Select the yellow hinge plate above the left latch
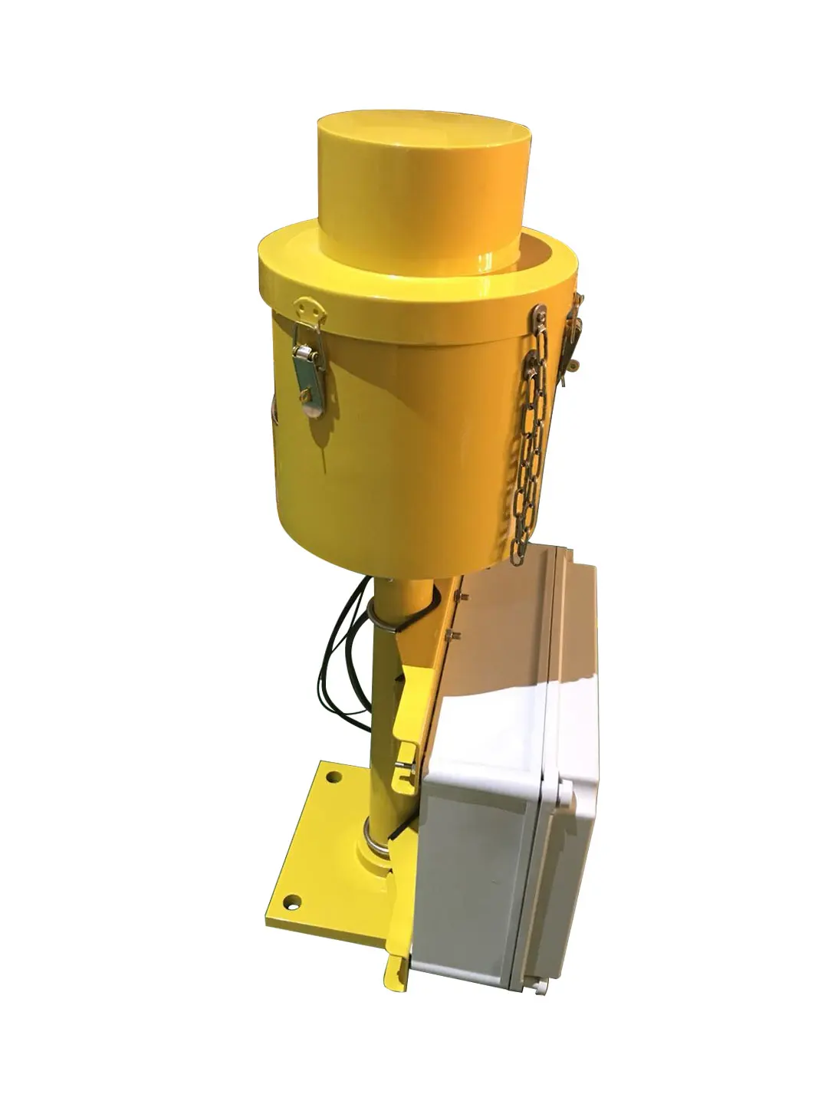[x=310, y=310]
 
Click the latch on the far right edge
[x=572, y=337]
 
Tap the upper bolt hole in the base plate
[x=333, y=777]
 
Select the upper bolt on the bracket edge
[x=462, y=597]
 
